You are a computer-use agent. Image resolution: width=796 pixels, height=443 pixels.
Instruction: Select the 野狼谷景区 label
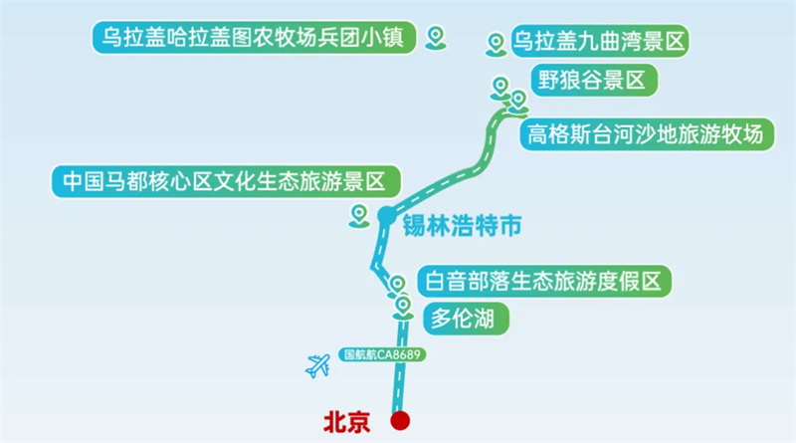593,82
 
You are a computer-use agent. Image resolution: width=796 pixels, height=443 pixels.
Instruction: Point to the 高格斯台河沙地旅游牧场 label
646,132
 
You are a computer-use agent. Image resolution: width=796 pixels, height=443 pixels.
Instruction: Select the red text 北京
345,422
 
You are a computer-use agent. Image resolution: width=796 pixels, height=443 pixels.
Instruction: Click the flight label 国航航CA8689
383,353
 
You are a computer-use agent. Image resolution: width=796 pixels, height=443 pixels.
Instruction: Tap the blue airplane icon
318,365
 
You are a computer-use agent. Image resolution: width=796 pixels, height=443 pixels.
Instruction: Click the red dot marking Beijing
400,421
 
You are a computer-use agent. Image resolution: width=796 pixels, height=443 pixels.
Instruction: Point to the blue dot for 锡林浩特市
385,214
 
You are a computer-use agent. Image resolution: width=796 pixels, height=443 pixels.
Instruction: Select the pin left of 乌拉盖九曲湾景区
495,44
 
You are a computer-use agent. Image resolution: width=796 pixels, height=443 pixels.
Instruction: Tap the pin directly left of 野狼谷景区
499,88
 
